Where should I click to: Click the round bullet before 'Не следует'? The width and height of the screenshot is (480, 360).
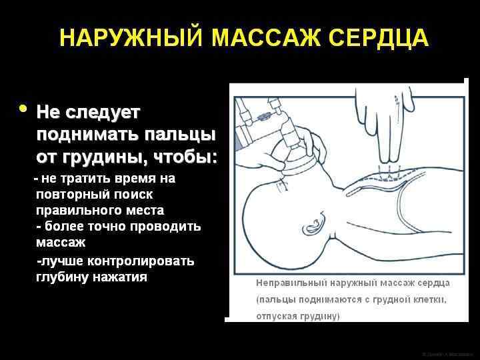pos(23,109)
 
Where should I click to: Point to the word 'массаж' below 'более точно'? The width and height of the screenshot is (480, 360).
pos(61,242)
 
